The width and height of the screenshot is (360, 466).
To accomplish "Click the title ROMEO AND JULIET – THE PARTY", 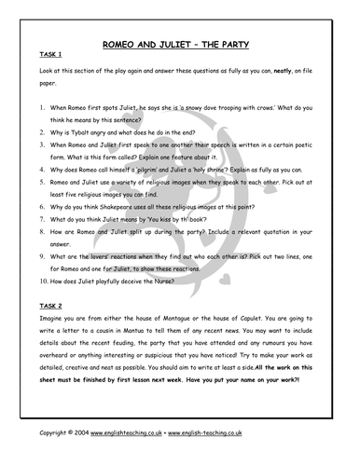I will click(180, 44).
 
